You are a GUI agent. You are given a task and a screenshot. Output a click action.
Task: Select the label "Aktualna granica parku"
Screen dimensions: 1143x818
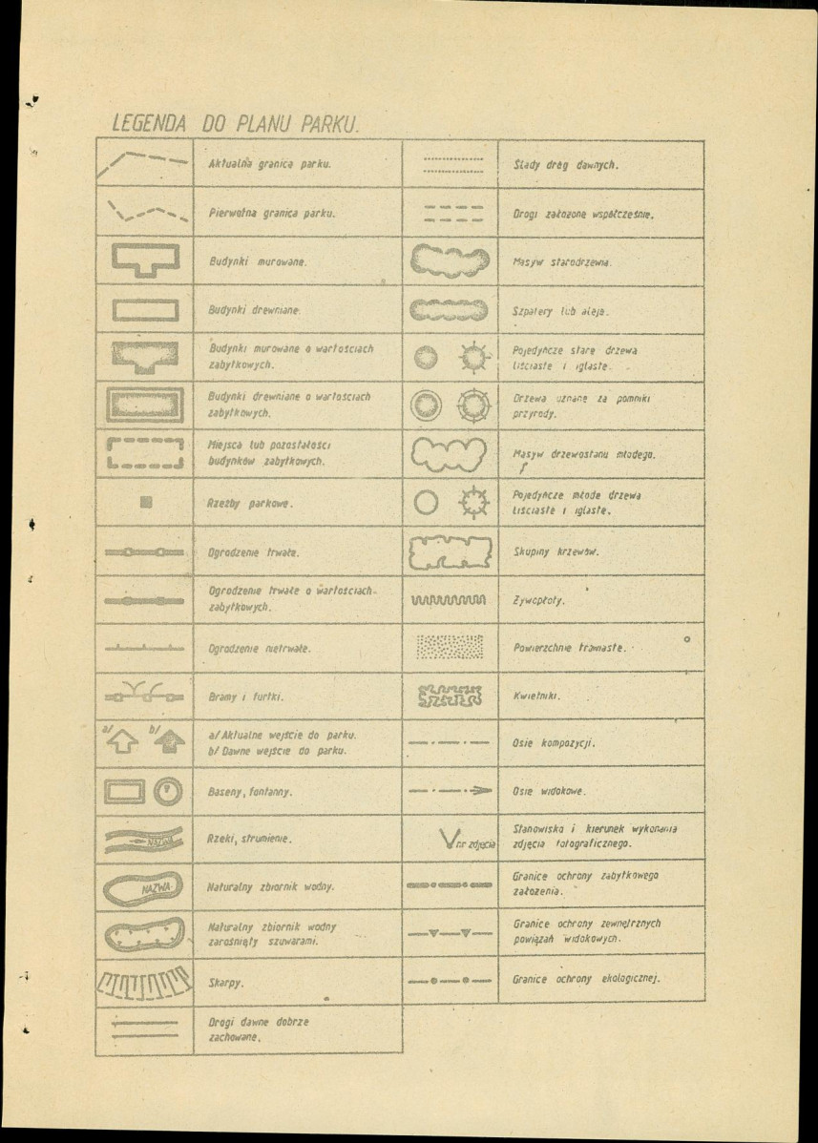(269, 164)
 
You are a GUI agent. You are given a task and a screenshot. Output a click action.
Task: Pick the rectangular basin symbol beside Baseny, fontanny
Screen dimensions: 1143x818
(126, 791)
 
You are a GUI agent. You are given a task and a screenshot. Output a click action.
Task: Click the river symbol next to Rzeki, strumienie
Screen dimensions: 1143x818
(144, 841)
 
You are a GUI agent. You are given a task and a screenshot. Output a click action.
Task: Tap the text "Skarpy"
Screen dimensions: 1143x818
(225, 982)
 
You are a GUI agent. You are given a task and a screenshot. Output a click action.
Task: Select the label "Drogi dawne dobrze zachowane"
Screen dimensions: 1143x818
(259, 1029)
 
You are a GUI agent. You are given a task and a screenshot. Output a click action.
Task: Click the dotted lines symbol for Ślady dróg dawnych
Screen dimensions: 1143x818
(450, 164)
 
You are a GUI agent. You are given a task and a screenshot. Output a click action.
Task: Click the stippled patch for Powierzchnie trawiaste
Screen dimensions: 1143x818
(450, 648)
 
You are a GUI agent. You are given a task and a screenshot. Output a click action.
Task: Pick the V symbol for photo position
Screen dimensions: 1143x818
(449, 841)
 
